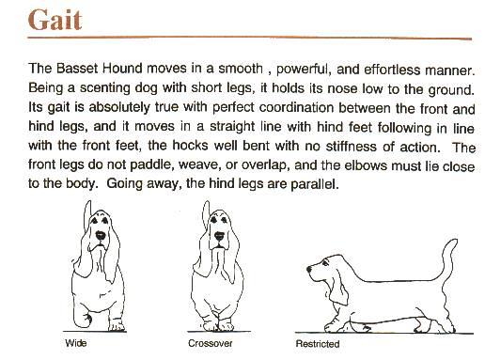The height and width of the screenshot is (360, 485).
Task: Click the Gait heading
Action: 55,20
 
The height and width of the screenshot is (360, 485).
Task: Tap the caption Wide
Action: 76,343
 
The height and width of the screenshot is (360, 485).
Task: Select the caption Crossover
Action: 211,343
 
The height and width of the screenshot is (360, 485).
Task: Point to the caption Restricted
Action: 318,344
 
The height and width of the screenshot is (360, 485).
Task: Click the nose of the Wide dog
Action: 101,235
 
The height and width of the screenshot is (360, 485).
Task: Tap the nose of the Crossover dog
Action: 219,236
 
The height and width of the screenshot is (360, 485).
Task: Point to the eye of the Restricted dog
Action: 326,262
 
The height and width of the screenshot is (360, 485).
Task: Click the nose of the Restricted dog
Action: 309,269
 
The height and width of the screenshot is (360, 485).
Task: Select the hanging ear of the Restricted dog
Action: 338,287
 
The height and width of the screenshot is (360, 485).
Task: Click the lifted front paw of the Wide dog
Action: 82,317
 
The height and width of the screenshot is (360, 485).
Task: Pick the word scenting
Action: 104,88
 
